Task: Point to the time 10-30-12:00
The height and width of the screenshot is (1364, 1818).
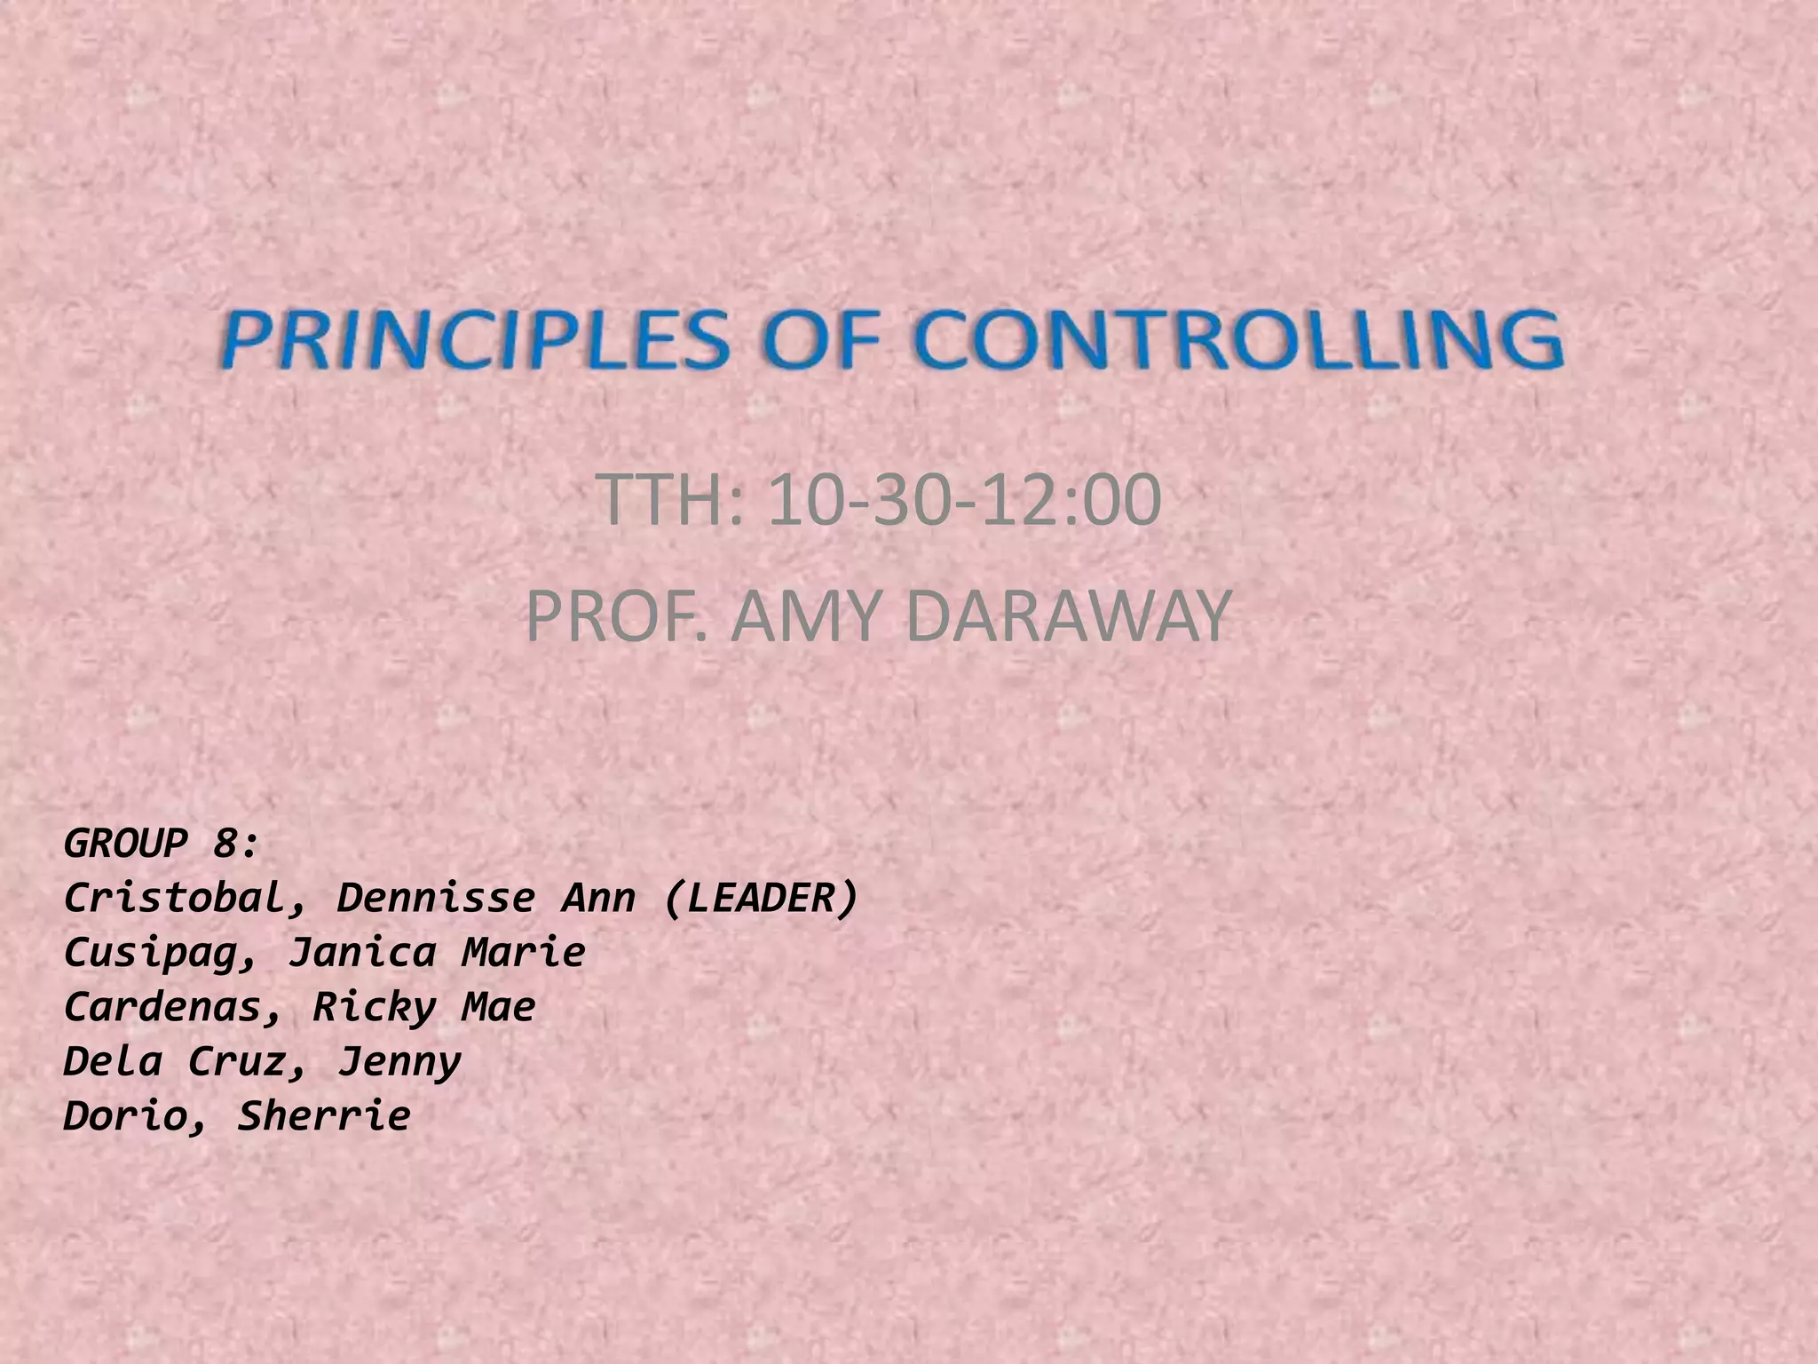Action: (x=964, y=500)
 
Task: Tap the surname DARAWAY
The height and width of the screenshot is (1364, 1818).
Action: (x=1070, y=616)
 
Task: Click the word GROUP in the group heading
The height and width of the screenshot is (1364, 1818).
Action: (x=125, y=843)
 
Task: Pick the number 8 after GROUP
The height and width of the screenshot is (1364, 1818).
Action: (x=224, y=843)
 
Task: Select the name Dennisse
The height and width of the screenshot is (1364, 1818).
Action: (x=436, y=898)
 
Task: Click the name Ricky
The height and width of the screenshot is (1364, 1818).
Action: (x=374, y=1008)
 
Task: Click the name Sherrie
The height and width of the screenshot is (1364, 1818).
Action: (x=324, y=1116)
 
